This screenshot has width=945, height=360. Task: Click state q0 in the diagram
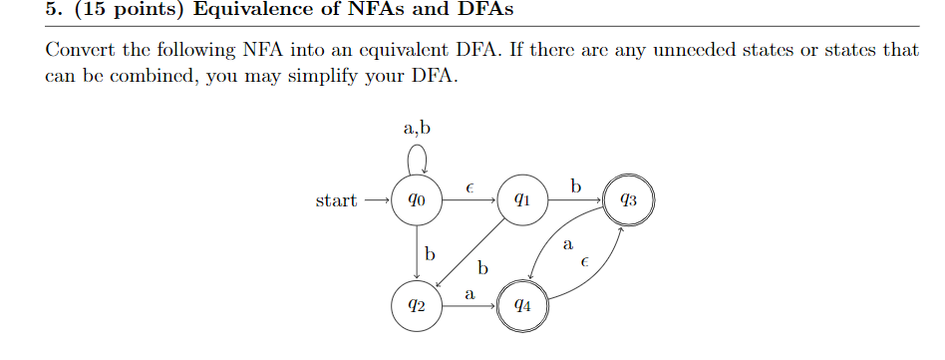418,200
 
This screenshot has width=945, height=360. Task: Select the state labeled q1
520,200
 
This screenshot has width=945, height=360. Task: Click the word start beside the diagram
336,200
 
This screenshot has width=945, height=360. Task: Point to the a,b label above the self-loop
418,129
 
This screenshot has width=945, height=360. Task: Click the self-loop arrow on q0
419,158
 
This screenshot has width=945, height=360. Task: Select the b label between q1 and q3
574,186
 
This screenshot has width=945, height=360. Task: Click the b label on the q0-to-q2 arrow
430,254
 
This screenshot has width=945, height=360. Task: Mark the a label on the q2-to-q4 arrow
470,294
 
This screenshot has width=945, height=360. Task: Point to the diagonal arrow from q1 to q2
469,253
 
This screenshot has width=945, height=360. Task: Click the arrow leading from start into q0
377,200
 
